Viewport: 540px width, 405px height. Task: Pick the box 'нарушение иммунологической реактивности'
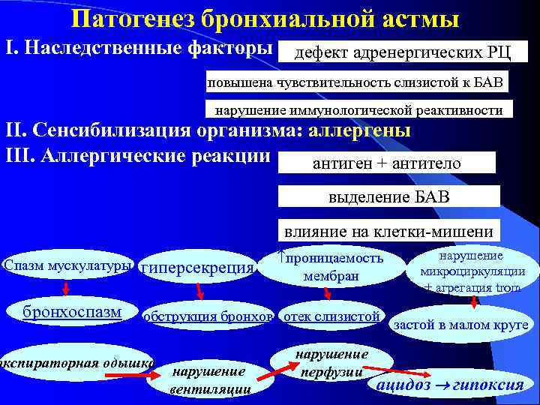359,110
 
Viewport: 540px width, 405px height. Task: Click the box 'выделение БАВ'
389,197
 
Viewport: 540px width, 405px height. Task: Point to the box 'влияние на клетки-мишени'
388,232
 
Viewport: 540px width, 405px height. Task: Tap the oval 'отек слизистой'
331,316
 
